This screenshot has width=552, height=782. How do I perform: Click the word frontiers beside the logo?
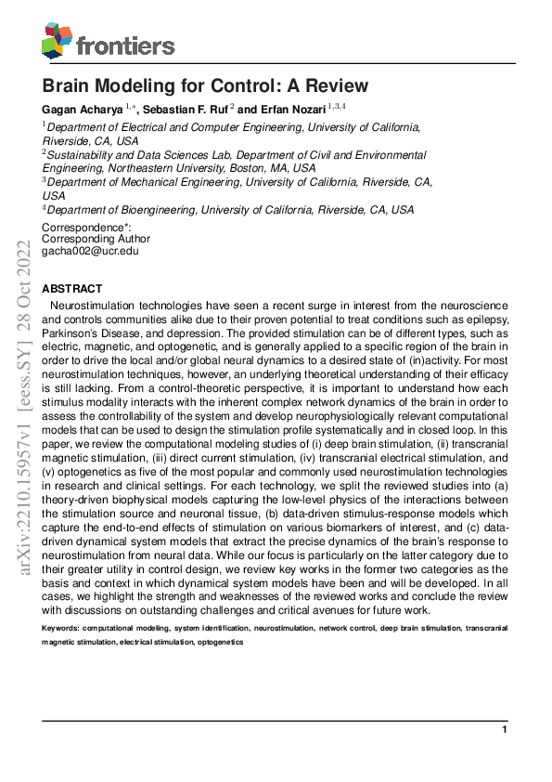click(125, 45)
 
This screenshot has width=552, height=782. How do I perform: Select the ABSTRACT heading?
click(72, 290)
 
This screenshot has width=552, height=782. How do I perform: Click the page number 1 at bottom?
click(505, 730)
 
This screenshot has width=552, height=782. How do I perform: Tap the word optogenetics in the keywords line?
click(219, 642)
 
